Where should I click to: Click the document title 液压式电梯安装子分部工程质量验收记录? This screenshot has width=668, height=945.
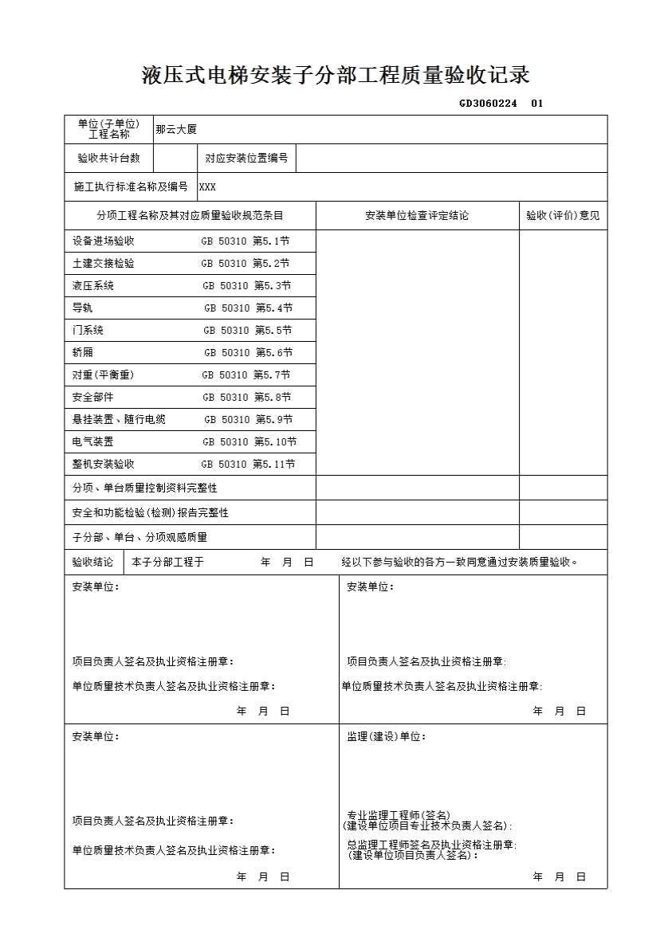(336, 76)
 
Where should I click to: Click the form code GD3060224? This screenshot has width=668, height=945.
(488, 103)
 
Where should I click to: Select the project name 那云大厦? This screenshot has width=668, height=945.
(176, 129)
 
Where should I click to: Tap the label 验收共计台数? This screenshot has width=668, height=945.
(108, 158)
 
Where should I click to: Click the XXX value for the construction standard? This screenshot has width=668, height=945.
(207, 187)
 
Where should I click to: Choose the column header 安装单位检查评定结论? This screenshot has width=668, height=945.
(417, 215)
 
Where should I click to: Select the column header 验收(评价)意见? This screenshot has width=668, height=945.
(563, 215)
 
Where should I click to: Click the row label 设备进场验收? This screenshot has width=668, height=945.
(104, 241)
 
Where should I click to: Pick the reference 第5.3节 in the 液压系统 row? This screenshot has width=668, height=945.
(273, 285)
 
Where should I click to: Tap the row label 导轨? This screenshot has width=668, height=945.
(82, 308)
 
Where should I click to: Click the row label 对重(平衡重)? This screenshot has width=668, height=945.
(104, 374)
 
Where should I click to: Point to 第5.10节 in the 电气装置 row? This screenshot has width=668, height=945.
(275, 441)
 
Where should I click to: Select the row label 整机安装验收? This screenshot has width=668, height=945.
(104, 464)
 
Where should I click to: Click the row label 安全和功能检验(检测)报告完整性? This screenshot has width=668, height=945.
(150, 512)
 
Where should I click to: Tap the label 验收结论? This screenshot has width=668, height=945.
(93, 562)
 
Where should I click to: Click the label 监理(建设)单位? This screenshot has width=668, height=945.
(386, 736)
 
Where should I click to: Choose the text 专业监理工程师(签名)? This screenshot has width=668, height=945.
(399, 815)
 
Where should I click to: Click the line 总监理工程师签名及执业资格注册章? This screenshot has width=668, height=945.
(431, 845)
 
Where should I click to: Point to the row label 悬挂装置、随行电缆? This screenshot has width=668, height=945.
(119, 419)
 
